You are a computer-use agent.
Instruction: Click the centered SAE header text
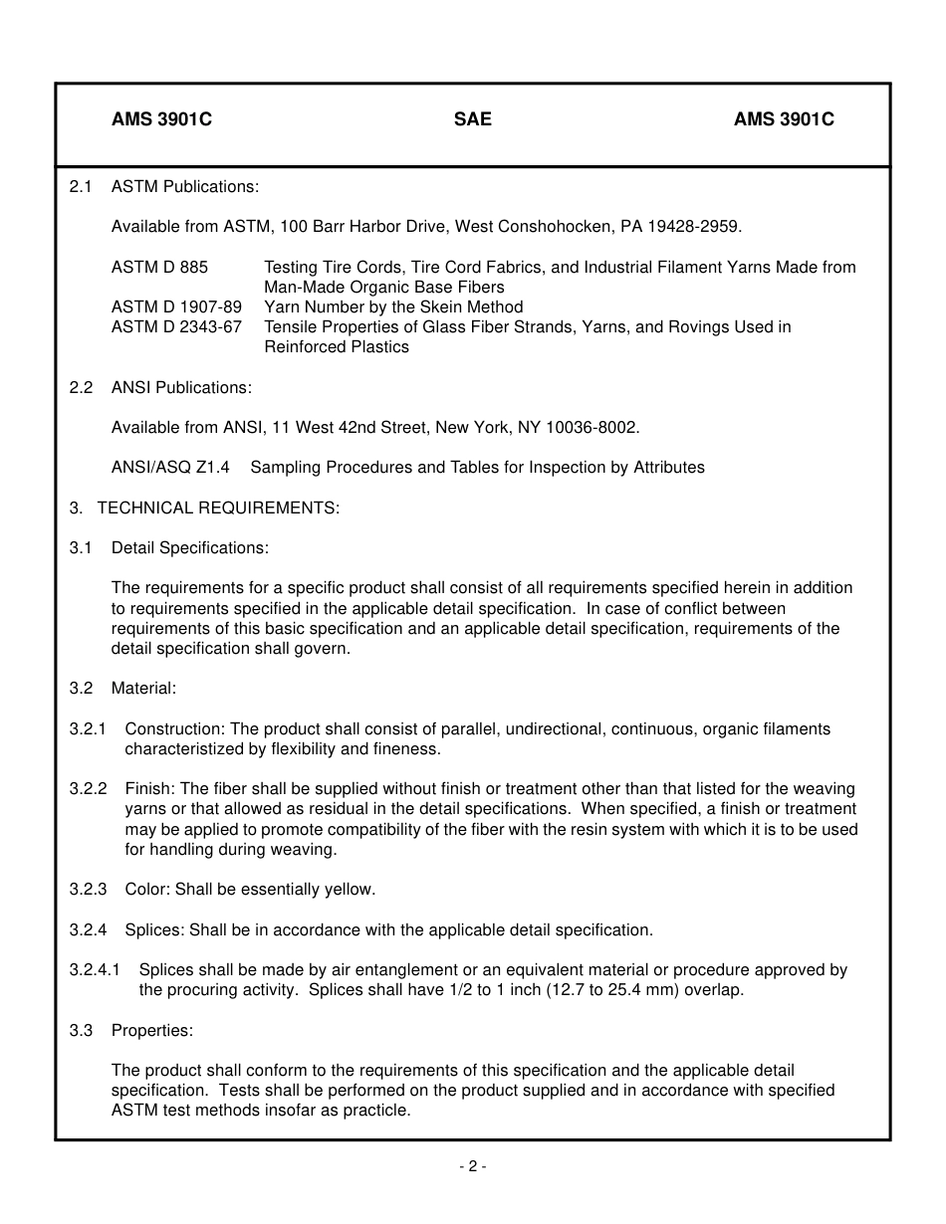[x=472, y=119]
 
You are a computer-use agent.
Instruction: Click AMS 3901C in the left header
[x=161, y=119]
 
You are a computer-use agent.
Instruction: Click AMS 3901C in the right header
[x=784, y=119]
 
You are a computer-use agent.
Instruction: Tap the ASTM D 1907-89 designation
[x=176, y=306]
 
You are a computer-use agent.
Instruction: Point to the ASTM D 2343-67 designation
[x=176, y=326]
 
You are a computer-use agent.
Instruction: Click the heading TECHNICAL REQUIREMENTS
[x=218, y=508]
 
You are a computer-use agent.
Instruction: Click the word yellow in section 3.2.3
[x=349, y=889]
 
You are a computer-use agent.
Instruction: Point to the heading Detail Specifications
[x=190, y=547]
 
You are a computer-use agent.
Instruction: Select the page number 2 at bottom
[x=473, y=1167]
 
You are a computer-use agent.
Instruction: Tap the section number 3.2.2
[x=88, y=788]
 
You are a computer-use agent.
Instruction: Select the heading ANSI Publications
[x=181, y=387]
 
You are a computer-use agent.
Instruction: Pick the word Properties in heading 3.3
[x=151, y=1030]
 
